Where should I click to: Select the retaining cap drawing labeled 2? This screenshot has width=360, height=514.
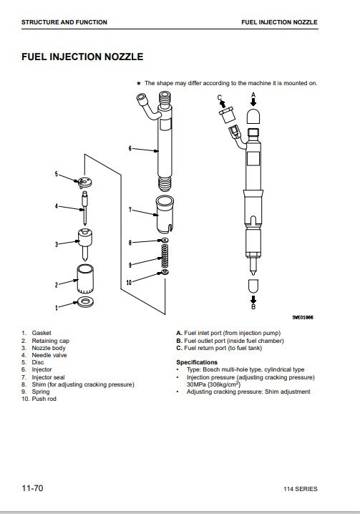(85, 278)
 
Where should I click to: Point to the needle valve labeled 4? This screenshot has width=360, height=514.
(85, 207)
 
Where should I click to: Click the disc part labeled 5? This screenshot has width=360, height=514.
(85, 182)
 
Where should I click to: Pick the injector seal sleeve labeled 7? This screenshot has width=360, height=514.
(165, 214)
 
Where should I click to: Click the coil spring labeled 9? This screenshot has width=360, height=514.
(165, 256)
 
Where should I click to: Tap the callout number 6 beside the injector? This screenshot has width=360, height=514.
(130, 148)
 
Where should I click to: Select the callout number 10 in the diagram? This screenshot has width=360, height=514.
(129, 282)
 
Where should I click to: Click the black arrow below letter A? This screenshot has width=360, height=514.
(253, 102)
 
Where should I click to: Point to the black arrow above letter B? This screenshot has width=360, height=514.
(253, 299)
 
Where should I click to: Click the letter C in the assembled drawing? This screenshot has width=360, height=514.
(220, 97)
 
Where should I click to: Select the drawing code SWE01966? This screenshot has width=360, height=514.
(303, 317)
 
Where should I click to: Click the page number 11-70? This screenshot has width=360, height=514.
(32, 488)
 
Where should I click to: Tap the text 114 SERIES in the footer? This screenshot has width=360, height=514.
(301, 489)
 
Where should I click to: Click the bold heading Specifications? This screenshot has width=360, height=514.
(197, 362)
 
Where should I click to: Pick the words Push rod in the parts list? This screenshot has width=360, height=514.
(44, 399)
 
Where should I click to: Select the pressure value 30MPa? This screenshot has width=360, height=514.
(196, 384)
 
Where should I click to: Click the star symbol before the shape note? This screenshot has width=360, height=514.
(139, 83)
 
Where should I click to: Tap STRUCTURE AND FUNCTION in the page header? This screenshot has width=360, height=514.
(64, 22)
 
